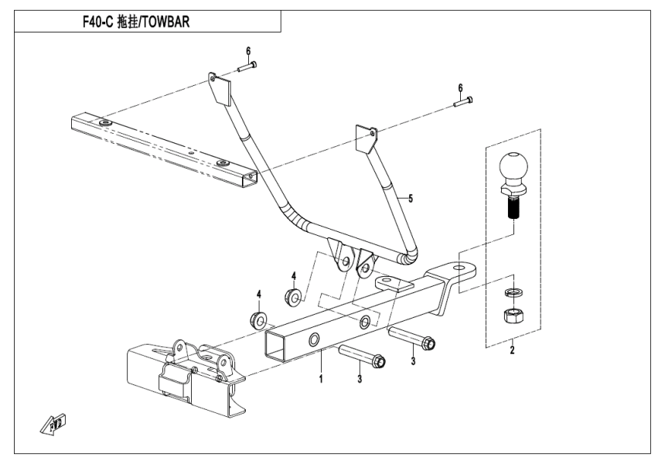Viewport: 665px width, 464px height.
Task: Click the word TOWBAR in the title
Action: (165, 22)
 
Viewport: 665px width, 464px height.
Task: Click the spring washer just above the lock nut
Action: (511, 293)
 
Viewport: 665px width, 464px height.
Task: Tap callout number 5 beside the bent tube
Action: (410, 199)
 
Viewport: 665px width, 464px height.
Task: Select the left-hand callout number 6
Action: (248, 51)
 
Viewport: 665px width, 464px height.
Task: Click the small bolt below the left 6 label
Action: (249, 68)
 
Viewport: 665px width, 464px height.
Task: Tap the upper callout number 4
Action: (293, 275)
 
